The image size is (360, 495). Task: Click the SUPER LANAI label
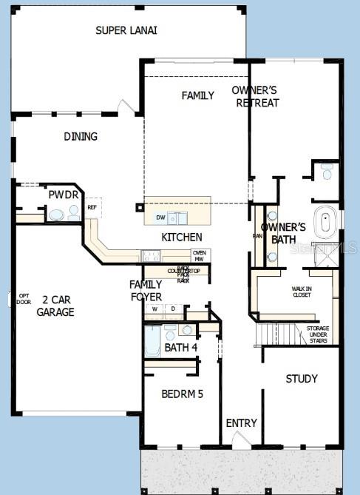pos(126,30)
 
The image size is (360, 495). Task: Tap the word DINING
pos(81,136)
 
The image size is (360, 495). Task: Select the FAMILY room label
pos(198,95)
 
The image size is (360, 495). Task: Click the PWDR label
pos(59,195)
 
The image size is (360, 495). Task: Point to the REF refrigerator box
pos(92,208)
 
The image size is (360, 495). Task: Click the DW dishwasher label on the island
pos(160,218)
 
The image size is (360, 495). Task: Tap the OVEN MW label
pos(199,255)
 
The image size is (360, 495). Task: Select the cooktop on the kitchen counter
pos(151,256)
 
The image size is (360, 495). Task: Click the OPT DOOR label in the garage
pos(24,299)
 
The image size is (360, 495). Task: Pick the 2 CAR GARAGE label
pos(55,306)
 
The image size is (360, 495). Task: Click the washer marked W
pos(155,309)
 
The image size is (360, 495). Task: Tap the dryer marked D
pos(173,309)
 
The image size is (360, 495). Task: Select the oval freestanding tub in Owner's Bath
pos(325,223)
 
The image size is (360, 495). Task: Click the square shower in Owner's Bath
pos(325,251)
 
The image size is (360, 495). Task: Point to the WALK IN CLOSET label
pos(301,292)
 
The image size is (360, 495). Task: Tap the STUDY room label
pos(302,379)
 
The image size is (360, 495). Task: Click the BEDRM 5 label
pos(182,394)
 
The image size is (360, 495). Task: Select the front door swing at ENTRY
pos(242,439)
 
